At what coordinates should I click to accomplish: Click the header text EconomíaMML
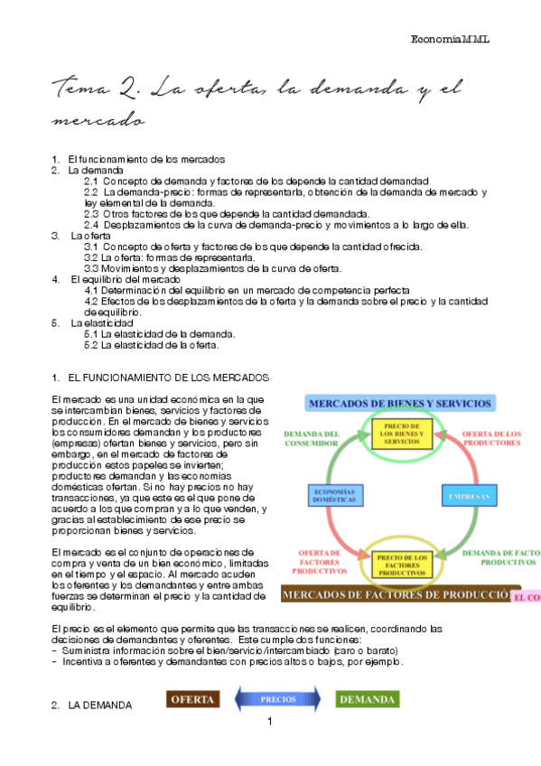click(449, 40)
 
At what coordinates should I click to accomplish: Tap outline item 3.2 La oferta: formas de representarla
click(168, 257)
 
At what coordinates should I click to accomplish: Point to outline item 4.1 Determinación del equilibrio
click(247, 290)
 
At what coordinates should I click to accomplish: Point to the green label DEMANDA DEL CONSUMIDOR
click(311, 438)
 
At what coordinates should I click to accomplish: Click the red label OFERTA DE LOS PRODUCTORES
click(492, 438)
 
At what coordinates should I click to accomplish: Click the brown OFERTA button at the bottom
click(192, 699)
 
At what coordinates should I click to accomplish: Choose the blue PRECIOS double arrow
click(278, 699)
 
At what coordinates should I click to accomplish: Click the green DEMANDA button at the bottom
click(366, 699)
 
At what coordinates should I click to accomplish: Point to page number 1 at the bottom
click(269, 722)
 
